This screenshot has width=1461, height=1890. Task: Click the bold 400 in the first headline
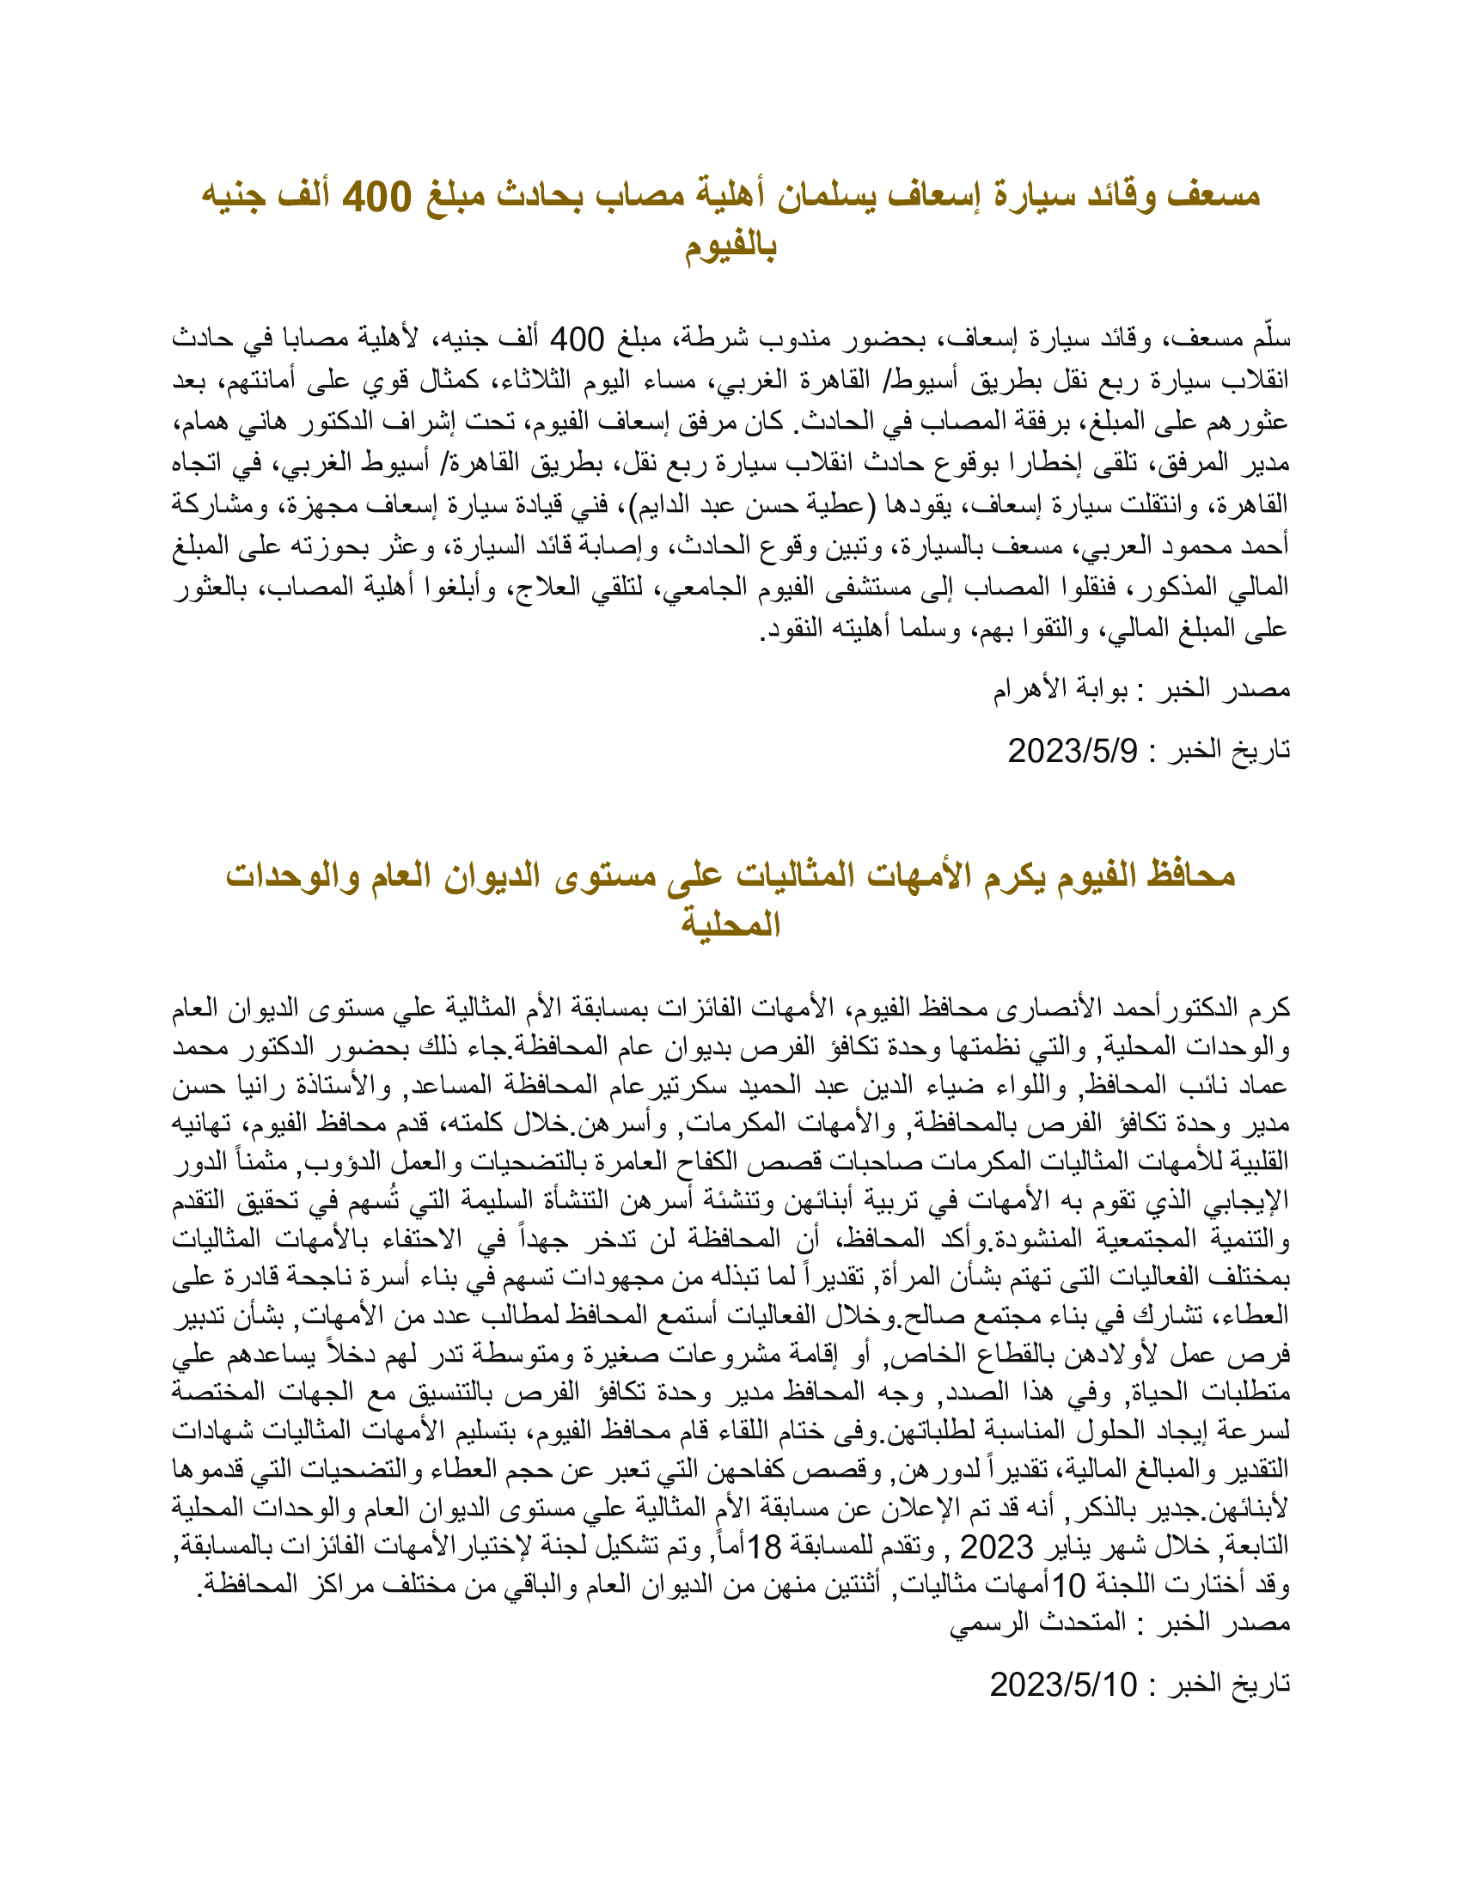coord(376,198)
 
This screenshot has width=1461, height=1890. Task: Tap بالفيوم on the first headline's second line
coord(730,247)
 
